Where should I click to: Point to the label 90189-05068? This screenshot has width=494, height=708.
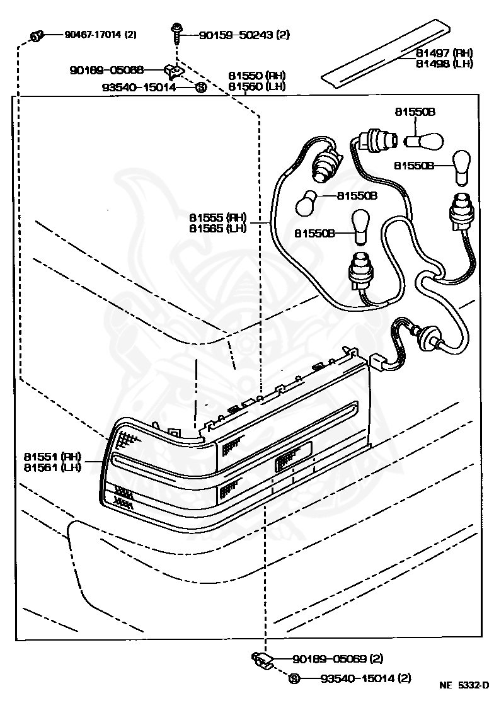(x=115, y=70)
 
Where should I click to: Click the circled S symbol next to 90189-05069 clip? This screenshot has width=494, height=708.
(x=294, y=678)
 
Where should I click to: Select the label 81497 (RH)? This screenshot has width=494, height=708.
(x=444, y=53)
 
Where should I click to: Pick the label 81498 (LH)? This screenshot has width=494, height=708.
(x=444, y=63)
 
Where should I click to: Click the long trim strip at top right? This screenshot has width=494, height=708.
(x=388, y=54)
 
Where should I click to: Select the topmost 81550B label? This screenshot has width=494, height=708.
(x=415, y=111)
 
